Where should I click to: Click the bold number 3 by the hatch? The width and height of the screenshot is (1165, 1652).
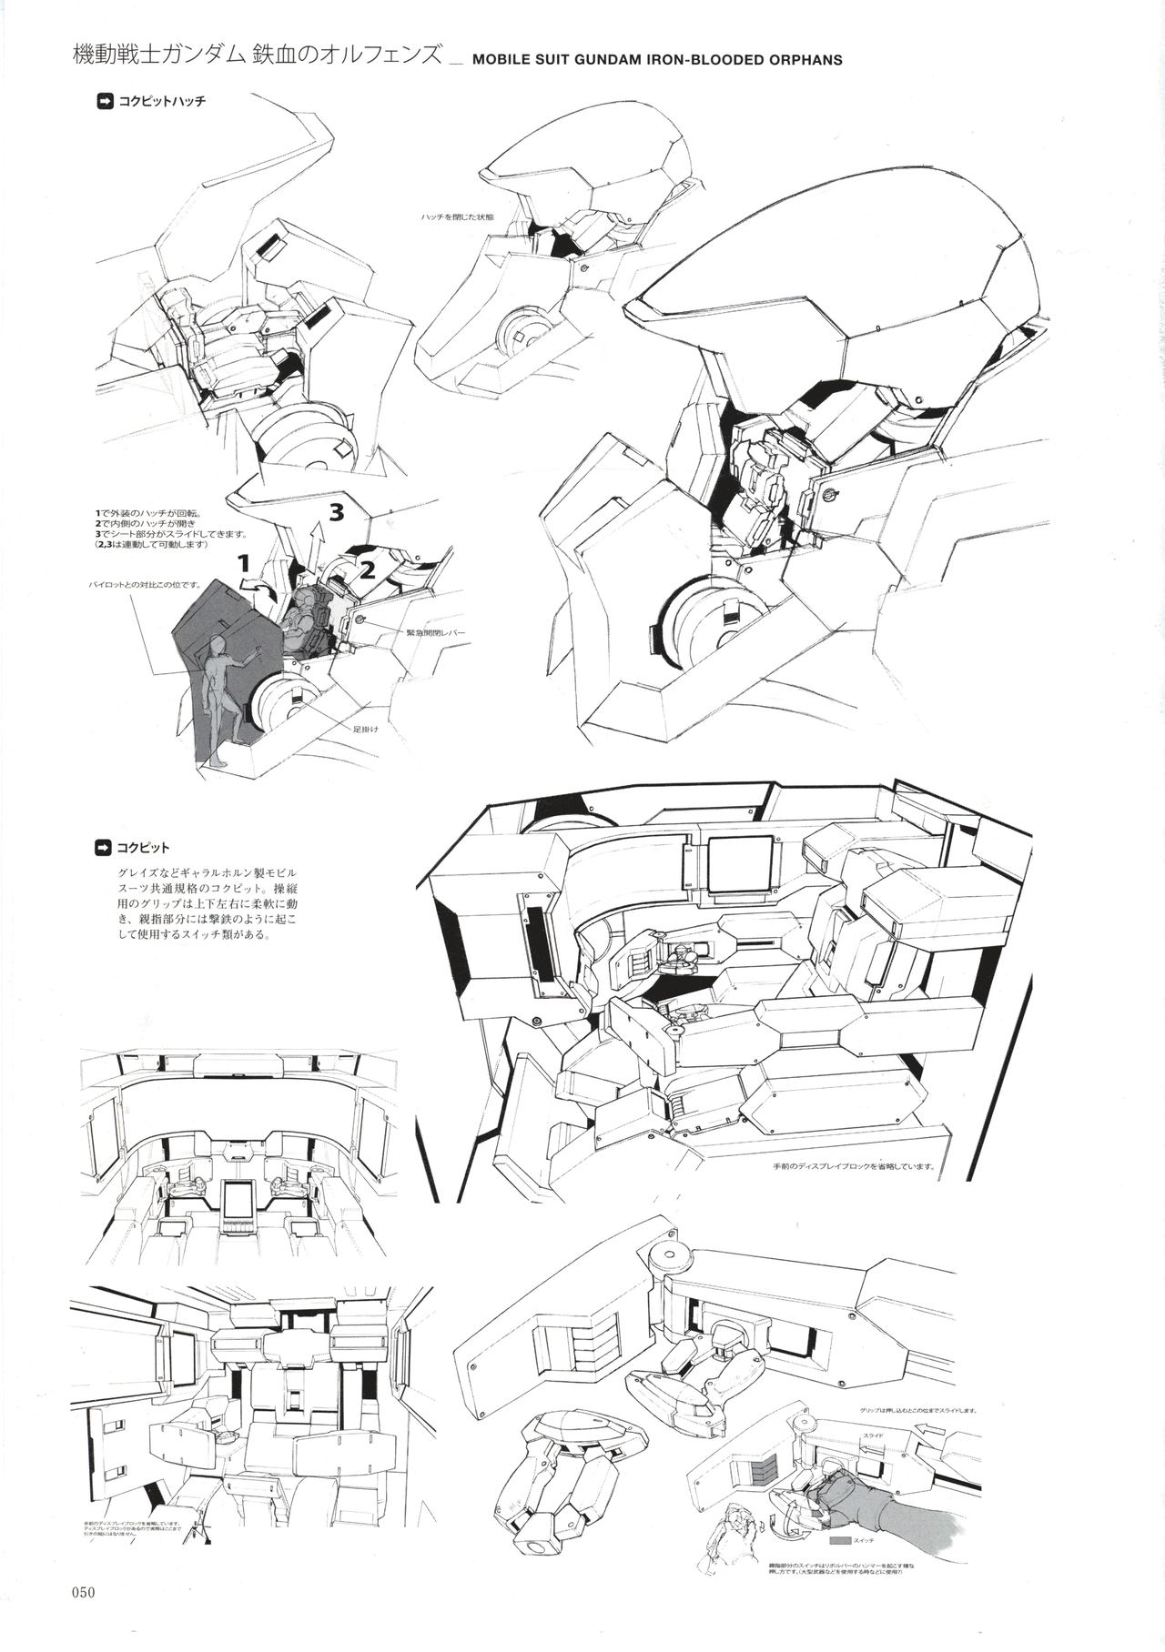[x=336, y=513]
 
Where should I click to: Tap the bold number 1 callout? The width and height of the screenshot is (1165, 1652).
[x=243, y=564]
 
